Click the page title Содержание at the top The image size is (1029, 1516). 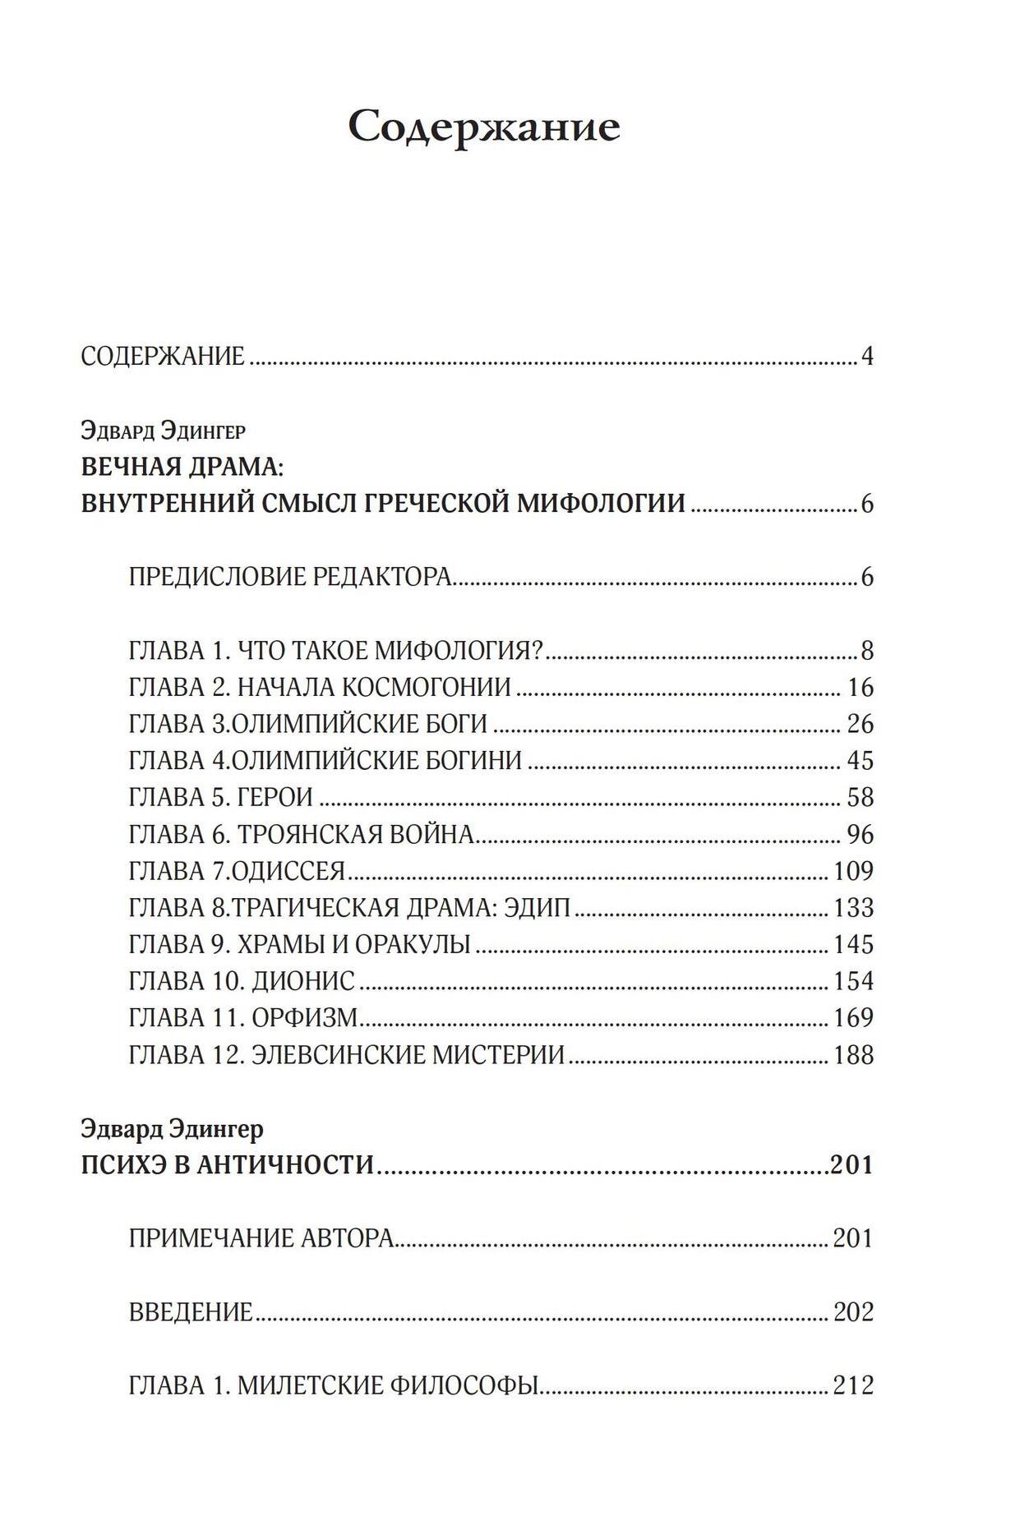[x=483, y=127]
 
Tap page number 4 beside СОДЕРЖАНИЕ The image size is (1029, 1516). [x=866, y=357]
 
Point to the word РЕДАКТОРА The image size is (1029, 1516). [x=382, y=577]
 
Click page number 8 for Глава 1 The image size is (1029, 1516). [x=867, y=651]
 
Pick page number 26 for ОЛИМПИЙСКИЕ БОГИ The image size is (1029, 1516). [x=860, y=724]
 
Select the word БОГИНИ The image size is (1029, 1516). [x=479, y=760]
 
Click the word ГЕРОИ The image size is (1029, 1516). [x=275, y=797]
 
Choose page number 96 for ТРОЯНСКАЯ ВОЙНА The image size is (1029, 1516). [x=860, y=834]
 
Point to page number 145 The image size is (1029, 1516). [x=853, y=944]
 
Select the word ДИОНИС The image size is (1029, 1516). [x=303, y=980]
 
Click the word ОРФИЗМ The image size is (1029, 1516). [x=305, y=1017]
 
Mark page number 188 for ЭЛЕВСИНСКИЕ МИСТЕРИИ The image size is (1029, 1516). [x=853, y=1054]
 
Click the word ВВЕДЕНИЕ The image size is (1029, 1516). [x=191, y=1312]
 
